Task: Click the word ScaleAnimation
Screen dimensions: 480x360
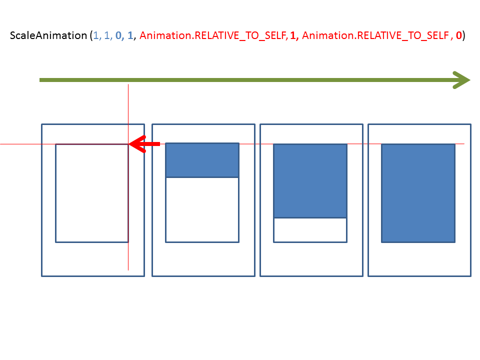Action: (48, 35)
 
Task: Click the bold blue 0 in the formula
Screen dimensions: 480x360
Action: (118, 35)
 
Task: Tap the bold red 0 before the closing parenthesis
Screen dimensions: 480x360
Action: (458, 35)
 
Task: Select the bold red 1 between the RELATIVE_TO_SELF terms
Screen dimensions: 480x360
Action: (293, 35)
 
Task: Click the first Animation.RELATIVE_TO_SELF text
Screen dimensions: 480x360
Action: (213, 36)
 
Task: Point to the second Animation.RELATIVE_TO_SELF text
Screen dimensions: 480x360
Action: (375, 36)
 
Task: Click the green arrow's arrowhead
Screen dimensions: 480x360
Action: (461, 80)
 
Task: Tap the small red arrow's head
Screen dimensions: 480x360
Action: (137, 144)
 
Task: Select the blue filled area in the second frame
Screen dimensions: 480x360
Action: (202, 160)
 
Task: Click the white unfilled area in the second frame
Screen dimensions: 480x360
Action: (202, 209)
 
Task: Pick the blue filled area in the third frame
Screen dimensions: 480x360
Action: (310, 180)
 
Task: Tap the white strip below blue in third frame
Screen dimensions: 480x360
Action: (310, 230)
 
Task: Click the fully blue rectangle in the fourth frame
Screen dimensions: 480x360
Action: (418, 193)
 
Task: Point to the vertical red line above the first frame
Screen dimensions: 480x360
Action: (128, 104)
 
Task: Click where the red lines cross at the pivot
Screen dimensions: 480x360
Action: (128, 144)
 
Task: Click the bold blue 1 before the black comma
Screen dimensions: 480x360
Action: (130, 35)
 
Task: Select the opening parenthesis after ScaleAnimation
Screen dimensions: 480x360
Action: (91, 36)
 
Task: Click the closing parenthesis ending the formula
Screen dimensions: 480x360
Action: (464, 36)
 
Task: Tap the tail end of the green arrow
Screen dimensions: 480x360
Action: (40, 80)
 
